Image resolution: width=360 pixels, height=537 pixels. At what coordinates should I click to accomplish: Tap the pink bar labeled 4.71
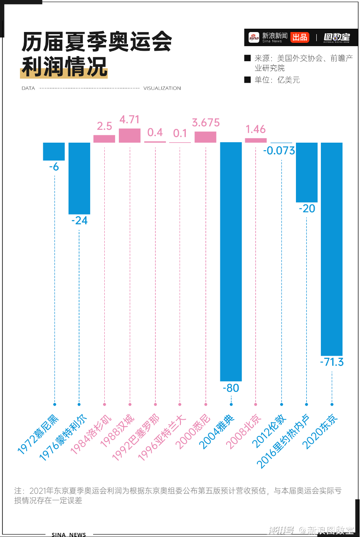[130, 136]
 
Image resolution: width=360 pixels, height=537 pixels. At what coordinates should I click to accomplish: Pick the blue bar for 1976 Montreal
[79, 178]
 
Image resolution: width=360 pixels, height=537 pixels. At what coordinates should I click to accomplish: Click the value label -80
[231, 388]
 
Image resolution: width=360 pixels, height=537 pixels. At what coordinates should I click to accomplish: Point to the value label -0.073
[279, 150]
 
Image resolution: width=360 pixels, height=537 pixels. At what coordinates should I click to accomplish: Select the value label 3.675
[205, 123]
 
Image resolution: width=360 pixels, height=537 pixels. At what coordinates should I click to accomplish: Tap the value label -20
[307, 208]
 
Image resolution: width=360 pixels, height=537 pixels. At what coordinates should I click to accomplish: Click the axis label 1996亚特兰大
[162, 439]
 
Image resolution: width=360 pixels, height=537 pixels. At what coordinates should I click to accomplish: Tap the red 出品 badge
[300, 37]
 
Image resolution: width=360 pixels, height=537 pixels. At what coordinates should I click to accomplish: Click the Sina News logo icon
[254, 37]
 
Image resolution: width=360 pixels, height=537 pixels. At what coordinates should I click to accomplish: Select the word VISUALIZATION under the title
[162, 88]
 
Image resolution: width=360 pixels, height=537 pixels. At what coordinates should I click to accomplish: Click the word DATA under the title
[28, 88]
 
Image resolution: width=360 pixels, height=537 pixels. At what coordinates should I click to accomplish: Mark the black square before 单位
[247, 80]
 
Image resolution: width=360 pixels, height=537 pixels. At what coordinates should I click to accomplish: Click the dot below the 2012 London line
[281, 404]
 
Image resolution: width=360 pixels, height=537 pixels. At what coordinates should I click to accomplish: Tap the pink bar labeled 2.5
[104, 139]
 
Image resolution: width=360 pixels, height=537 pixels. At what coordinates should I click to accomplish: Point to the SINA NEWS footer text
[69, 535]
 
